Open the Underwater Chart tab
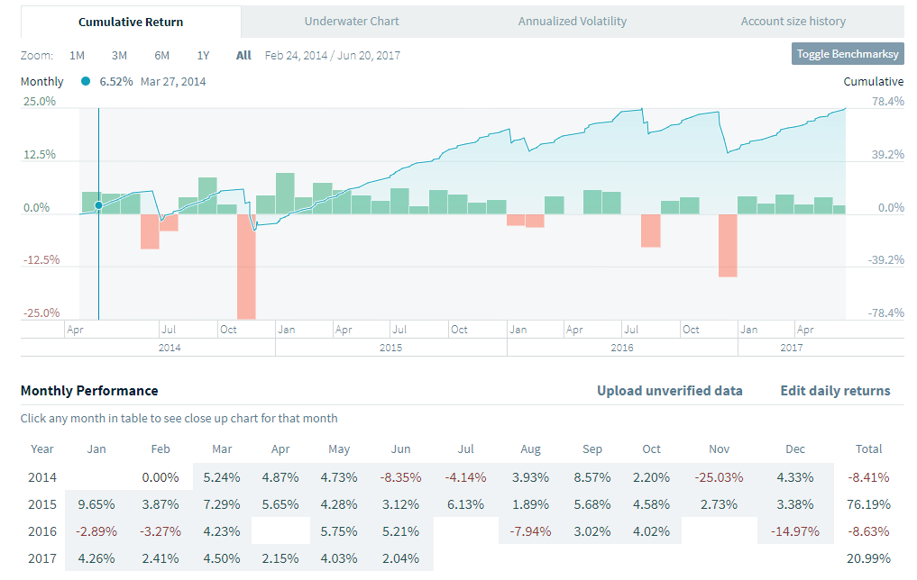pos(352,21)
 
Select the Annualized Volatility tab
pos(572,21)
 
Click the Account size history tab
pos(793,21)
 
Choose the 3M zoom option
pos(119,55)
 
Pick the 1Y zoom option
pos(203,55)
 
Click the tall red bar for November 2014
pos(246,267)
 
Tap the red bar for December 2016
pos(728,245)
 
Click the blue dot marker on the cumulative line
pos(98,205)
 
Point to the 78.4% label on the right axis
pos(887,102)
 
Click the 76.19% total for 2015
pos(869,503)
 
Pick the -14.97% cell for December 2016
pos(794,530)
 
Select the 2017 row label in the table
pos(42,557)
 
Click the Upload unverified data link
pos(669,391)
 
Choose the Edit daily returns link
pos(835,391)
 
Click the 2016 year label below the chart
pos(622,348)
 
